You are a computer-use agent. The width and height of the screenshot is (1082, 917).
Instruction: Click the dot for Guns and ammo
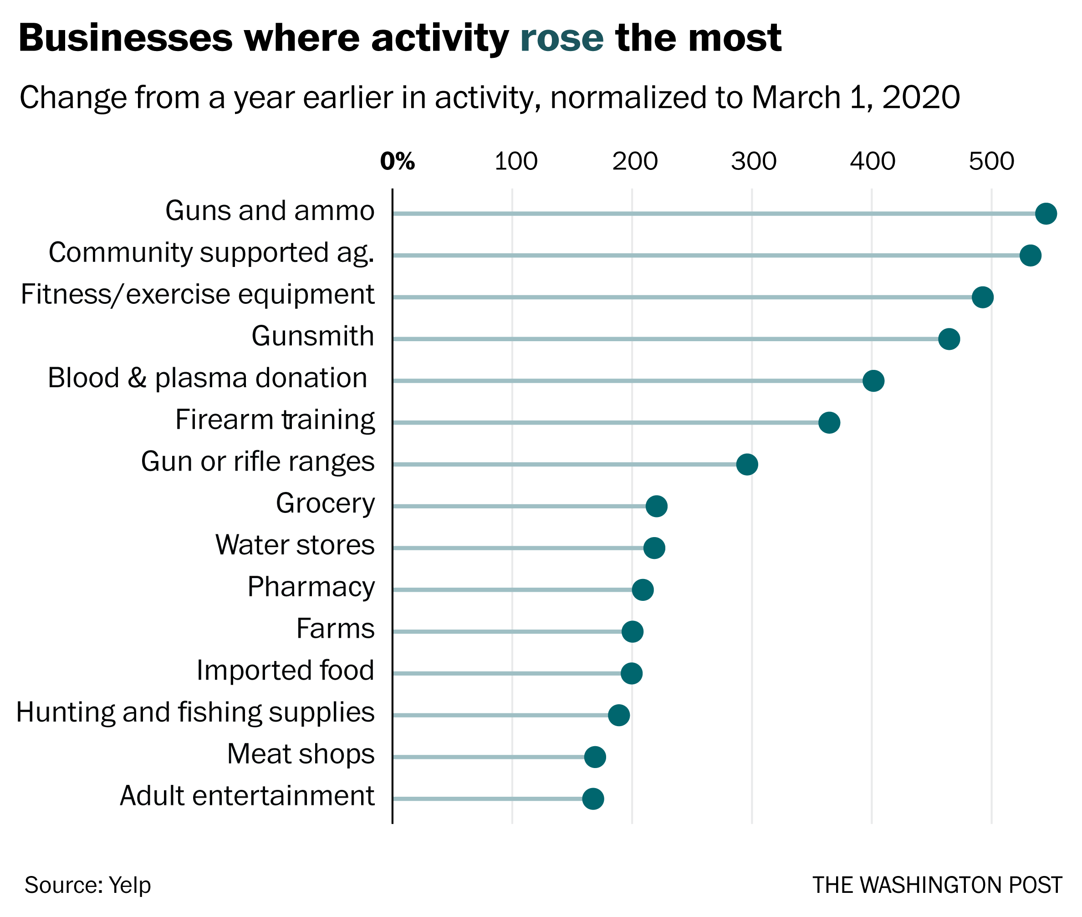[x=1046, y=214]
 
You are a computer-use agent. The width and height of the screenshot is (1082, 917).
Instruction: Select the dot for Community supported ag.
[x=1030, y=255]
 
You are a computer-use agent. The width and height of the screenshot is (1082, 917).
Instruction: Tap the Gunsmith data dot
[x=949, y=339]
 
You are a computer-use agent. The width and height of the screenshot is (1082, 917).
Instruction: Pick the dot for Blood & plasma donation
[x=873, y=380]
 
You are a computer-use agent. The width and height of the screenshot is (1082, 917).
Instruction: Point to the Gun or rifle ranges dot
[x=747, y=464]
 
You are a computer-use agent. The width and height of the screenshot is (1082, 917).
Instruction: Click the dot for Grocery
[x=656, y=506]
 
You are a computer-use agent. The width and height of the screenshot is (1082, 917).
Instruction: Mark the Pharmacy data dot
[x=643, y=589]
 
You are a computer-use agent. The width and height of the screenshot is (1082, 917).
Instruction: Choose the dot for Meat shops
[x=595, y=757]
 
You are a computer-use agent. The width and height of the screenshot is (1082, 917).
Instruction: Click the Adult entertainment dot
[x=593, y=799]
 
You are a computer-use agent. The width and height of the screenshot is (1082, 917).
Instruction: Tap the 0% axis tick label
[x=397, y=162]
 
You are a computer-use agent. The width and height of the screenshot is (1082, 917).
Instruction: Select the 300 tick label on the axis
[x=753, y=162]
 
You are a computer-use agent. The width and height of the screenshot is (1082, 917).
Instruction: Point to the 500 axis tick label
[x=991, y=162]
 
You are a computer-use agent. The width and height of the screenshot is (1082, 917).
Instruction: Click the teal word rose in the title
[x=561, y=38]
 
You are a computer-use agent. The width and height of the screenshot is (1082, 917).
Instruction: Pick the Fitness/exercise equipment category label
[x=198, y=295]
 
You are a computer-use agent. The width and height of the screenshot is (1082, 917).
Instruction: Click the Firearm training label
[x=275, y=420]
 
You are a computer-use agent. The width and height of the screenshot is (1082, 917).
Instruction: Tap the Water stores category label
[x=295, y=545]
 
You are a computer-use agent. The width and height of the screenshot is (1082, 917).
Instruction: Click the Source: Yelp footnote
[x=87, y=885]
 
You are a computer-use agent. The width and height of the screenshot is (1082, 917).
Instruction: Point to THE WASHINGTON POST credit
[x=937, y=885]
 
